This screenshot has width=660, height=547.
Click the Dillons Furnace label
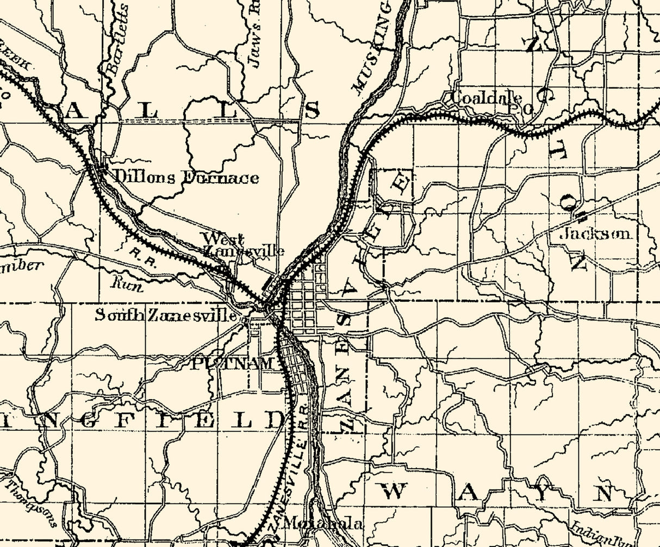tap(185, 177)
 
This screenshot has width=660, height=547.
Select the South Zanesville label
tap(166, 315)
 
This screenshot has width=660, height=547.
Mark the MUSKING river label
tap(372, 49)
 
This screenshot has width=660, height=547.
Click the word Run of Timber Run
tap(127, 283)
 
